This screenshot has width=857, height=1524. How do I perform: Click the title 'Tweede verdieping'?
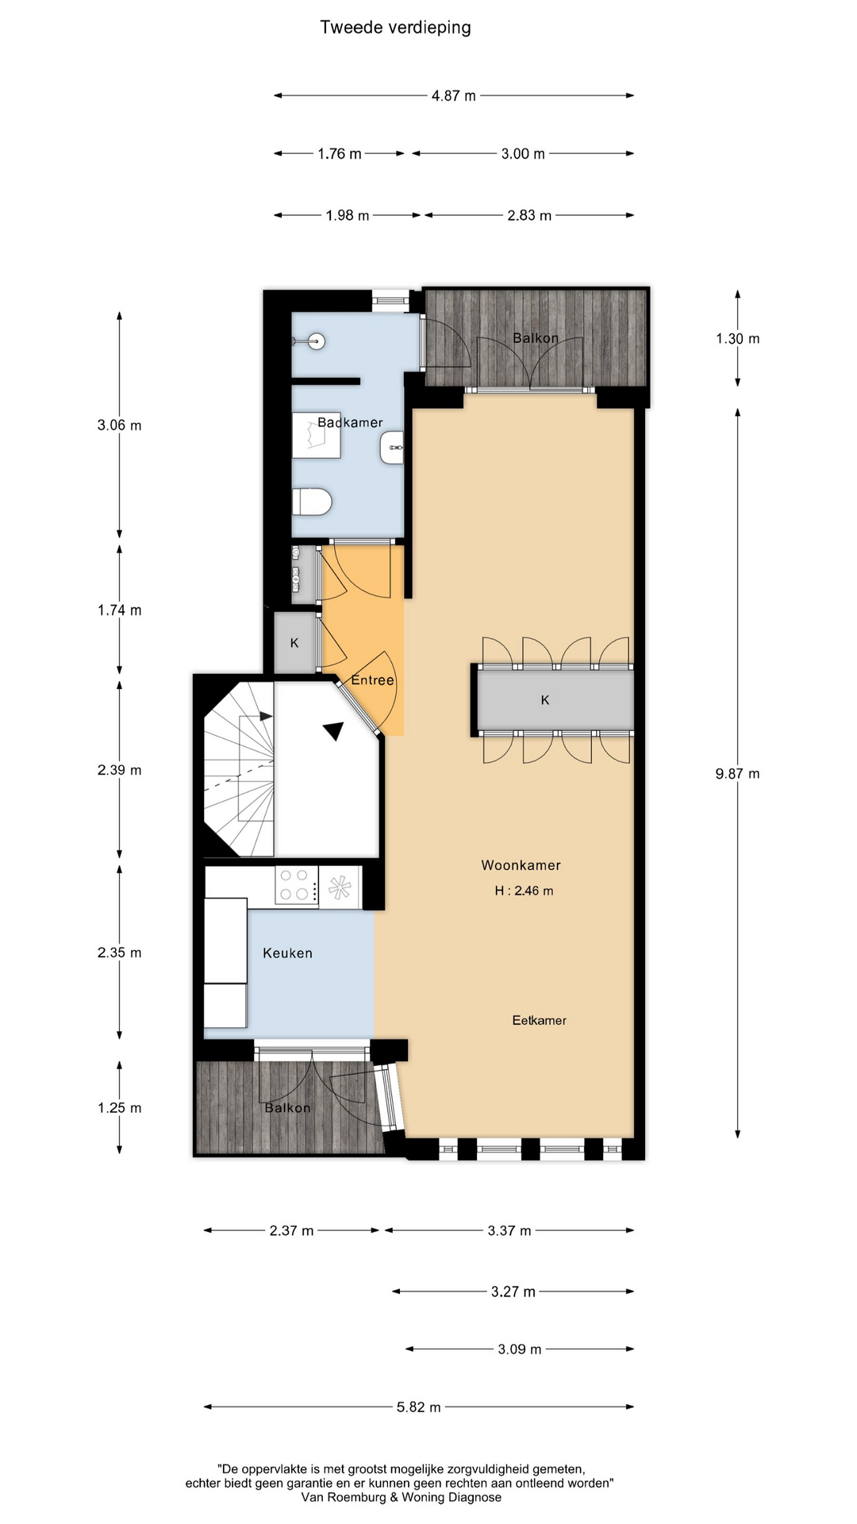[395, 28]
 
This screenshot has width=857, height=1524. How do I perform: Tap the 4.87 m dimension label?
[454, 96]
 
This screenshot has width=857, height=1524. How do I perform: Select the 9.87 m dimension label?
[737, 774]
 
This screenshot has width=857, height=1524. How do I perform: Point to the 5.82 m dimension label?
[418, 1407]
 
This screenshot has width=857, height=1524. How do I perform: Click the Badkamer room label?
[350, 422]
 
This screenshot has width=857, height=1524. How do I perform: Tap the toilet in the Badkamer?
[311, 502]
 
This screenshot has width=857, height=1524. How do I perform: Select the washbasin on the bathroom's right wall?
[392, 448]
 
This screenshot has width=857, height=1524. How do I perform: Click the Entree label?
[372, 680]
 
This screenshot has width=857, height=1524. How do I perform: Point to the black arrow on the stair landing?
[334, 731]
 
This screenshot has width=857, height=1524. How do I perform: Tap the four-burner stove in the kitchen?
[295, 885]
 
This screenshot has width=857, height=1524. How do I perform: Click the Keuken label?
[287, 953]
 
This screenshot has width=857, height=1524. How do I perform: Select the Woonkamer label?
[521, 865]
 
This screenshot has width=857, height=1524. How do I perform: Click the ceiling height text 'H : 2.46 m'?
[524, 891]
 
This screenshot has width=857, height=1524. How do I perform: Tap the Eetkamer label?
[539, 1021]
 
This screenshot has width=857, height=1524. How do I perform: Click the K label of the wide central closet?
[545, 700]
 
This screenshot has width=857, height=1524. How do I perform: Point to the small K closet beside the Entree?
[294, 643]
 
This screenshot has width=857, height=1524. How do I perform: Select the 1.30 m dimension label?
[737, 339]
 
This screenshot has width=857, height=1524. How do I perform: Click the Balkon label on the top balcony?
[536, 338]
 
